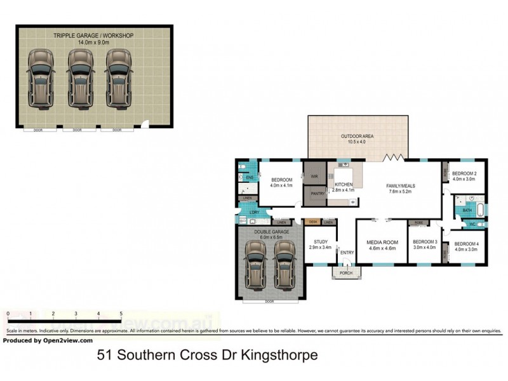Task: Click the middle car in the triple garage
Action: point(79,79)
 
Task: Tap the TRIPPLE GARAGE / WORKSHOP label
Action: point(94,36)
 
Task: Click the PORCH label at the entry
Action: point(346,274)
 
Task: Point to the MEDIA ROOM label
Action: point(382,243)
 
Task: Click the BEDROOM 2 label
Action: point(464,173)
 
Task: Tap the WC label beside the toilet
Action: point(472,224)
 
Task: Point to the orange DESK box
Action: point(312,222)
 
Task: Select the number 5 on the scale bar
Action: point(121,314)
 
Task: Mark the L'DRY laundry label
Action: point(255,211)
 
